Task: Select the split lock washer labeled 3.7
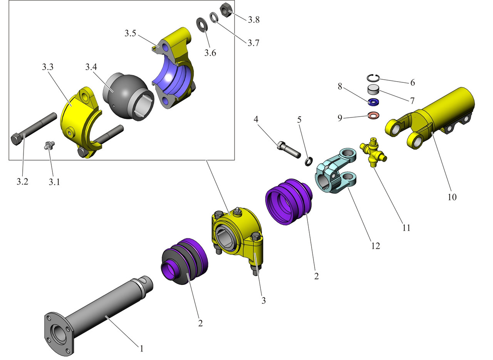point(214,18)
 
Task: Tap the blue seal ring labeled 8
point(373,102)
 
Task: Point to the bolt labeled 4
point(288,149)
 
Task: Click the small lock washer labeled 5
point(308,162)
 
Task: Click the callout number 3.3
point(48,67)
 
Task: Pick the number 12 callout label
point(376,245)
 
